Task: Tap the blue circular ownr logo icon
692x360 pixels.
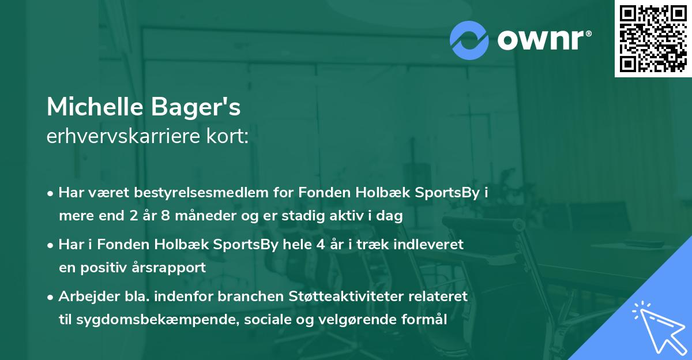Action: click(x=469, y=40)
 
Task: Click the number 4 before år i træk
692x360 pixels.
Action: click(x=330, y=244)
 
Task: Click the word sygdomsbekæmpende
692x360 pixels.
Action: click(x=146, y=319)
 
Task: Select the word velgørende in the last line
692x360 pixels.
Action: click(x=334, y=319)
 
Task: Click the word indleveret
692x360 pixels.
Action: click(x=428, y=244)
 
